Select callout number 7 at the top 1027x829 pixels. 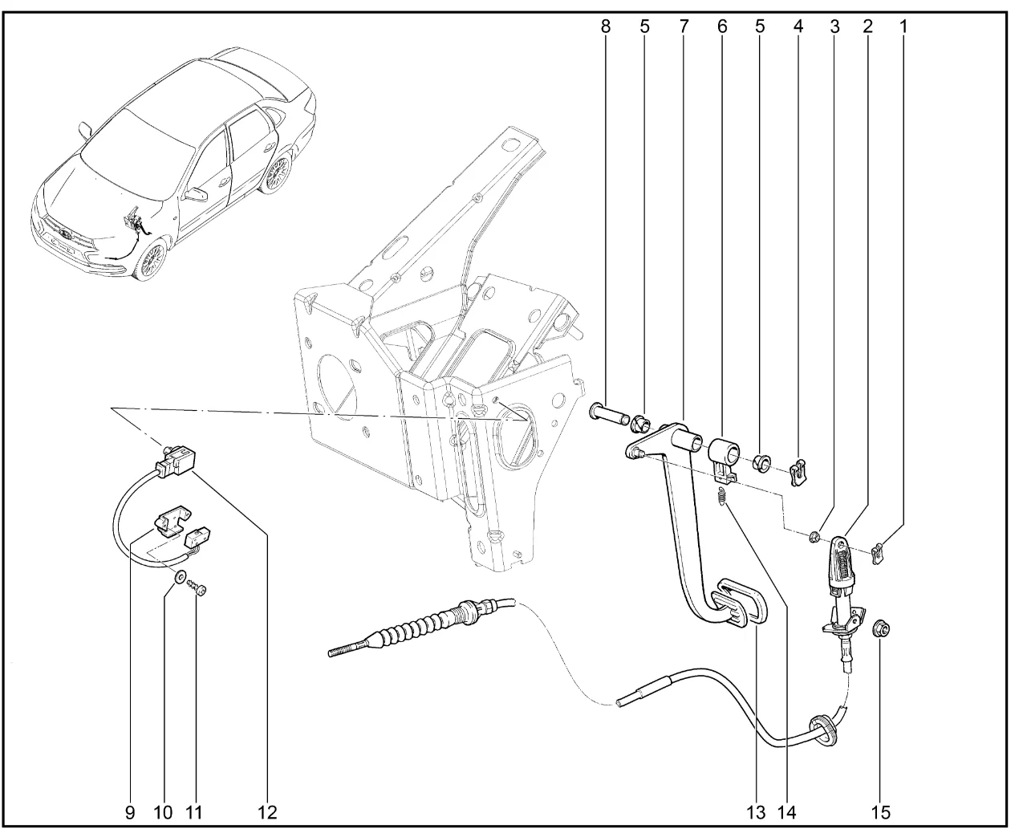[x=684, y=26]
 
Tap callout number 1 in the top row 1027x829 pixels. [x=903, y=26]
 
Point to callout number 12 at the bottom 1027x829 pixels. [x=266, y=812]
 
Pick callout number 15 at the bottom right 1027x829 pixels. [x=883, y=812]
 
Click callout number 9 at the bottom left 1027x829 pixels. [x=130, y=812]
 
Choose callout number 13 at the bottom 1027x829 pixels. [x=756, y=812]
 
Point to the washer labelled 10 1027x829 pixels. [x=179, y=575]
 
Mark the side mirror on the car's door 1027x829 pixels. [x=195, y=194]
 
